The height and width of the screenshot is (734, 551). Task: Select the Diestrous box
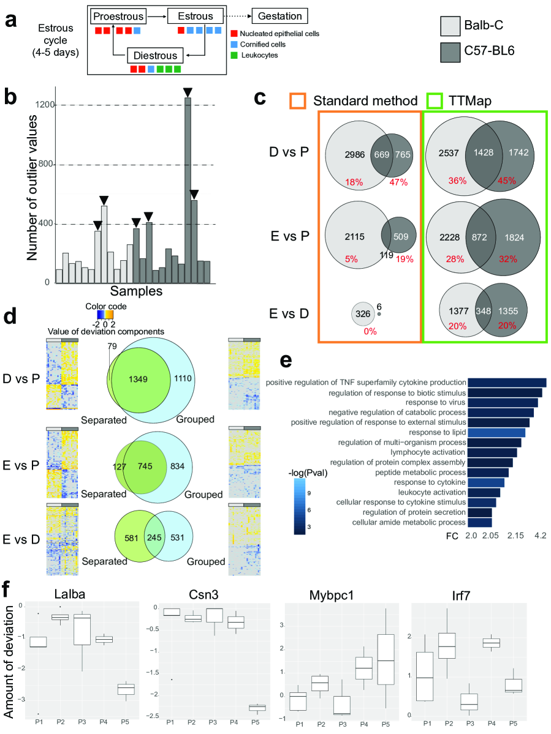coord(155,56)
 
